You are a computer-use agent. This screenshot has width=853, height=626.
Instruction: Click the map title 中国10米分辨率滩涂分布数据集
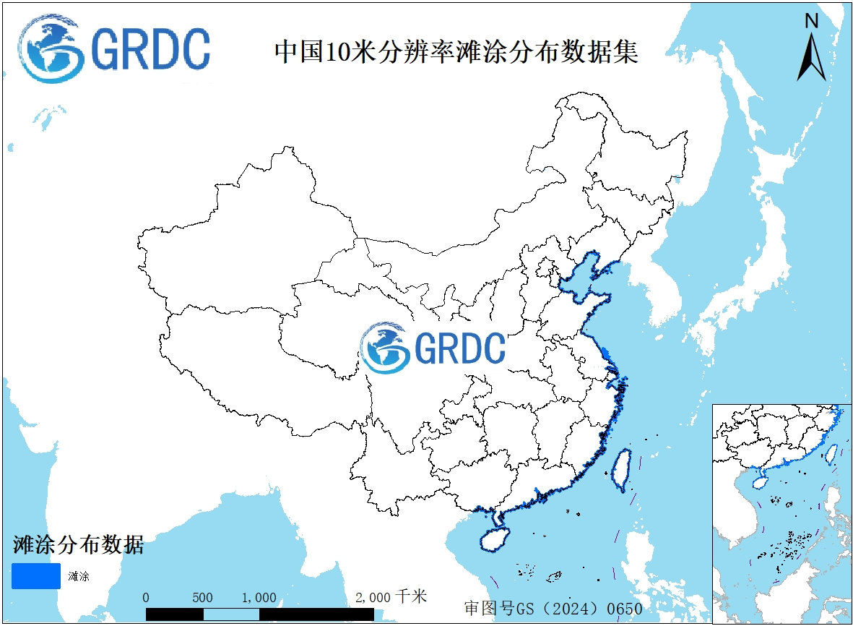(456, 52)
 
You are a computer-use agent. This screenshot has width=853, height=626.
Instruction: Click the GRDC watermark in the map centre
(433, 348)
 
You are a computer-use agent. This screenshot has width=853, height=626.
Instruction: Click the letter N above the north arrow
(812, 21)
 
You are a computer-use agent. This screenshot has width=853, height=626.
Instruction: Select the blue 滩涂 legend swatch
(35, 575)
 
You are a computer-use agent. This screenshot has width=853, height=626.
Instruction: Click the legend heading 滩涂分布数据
(78, 544)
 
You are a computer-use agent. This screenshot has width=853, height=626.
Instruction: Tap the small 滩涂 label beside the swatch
(79, 577)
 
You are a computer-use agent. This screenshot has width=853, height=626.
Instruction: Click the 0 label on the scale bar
(147, 598)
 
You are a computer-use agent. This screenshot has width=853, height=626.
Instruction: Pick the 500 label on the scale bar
(203, 598)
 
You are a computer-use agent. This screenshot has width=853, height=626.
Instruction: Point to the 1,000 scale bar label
(259, 598)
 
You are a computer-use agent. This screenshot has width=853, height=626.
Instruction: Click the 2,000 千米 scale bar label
(391, 597)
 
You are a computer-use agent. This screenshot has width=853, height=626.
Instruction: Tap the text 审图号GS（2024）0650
(553, 609)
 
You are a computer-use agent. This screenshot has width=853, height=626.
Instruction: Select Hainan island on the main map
(493, 539)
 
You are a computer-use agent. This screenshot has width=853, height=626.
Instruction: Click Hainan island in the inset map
(761, 479)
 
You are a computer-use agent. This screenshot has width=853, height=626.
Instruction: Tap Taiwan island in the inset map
(831, 453)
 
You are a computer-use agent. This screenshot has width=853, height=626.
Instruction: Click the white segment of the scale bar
(231, 614)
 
